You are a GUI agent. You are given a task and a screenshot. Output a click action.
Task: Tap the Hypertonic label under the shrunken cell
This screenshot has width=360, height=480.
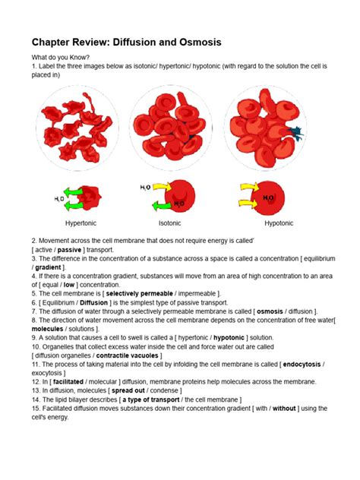pos(81,223)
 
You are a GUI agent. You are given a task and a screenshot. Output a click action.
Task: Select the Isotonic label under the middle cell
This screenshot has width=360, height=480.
pos(169,223)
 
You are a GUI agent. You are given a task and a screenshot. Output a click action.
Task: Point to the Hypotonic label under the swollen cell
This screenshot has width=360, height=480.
pos(279,223)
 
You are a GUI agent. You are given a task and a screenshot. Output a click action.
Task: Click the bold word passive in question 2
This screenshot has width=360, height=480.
pos(69,250)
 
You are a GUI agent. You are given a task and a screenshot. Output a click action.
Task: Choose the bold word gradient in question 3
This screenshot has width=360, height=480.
pos(48,267)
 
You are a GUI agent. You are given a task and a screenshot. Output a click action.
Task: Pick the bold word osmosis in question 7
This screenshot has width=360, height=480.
pos(270,311)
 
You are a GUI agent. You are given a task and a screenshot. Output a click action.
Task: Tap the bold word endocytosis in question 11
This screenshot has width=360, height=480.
pos(302,365)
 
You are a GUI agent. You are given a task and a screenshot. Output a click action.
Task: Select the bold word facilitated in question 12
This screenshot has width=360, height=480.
pos(68,382)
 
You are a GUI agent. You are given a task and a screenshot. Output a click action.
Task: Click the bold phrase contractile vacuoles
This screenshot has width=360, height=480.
pos(127,355)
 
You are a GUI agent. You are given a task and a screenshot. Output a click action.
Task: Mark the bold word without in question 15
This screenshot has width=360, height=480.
pos(284,409)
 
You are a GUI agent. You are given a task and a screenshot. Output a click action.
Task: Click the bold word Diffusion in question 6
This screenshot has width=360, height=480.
pos(93,303)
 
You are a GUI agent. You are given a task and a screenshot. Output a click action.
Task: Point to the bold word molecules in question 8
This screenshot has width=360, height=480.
pos(47,329)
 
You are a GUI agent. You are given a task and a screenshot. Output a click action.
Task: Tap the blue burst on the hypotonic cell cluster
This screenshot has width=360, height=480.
pos(295,133)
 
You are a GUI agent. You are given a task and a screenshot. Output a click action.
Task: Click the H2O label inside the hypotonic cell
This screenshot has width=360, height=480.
pos(268,198)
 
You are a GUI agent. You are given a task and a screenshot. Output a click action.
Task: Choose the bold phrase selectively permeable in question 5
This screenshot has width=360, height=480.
pos(139,294)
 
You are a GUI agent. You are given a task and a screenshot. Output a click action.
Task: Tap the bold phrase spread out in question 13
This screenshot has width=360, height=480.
pos(128,390)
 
